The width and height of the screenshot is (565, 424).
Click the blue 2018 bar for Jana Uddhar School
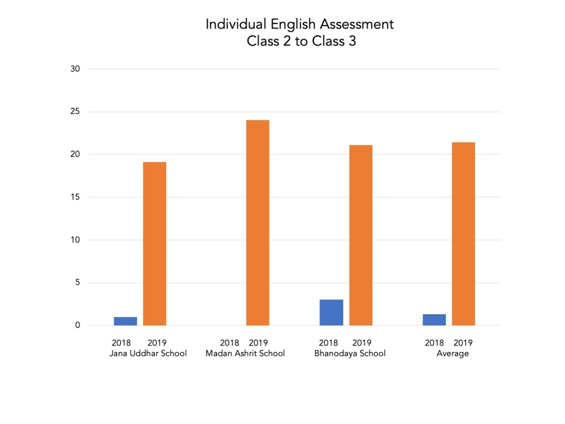click(x=125, y=321)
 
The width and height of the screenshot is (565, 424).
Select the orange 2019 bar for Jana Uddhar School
click(x=154, y=244)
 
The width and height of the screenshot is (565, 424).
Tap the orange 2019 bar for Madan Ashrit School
click(x=258, y=223)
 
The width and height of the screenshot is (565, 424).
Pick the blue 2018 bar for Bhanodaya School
click(x=331, y=312)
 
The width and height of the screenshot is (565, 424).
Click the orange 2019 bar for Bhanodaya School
click(x=361, y=235)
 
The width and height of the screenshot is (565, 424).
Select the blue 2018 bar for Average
click(x=434, y=320)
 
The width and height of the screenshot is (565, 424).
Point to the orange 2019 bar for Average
click(x=463, y=234)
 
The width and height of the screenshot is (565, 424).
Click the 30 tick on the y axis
click(x=75, y=69)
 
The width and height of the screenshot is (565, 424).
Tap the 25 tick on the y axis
click(x=75, y=112)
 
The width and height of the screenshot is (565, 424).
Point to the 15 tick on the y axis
click(x=75, y=198)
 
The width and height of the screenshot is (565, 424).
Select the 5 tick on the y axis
click(x=77, y=283)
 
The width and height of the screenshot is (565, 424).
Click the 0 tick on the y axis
click(x=77, y=325)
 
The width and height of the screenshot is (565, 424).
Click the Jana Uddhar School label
click(x=148, y=353)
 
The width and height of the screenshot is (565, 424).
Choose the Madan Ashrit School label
click(x=245, y=353)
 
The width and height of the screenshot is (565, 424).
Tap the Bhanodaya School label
click(x=350, y=353)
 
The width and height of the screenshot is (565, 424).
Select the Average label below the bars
click(x=453, y=353)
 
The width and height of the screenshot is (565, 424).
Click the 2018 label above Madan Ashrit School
click(x=229, y=343)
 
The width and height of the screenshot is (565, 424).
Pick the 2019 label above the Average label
click(x=463, y=343)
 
